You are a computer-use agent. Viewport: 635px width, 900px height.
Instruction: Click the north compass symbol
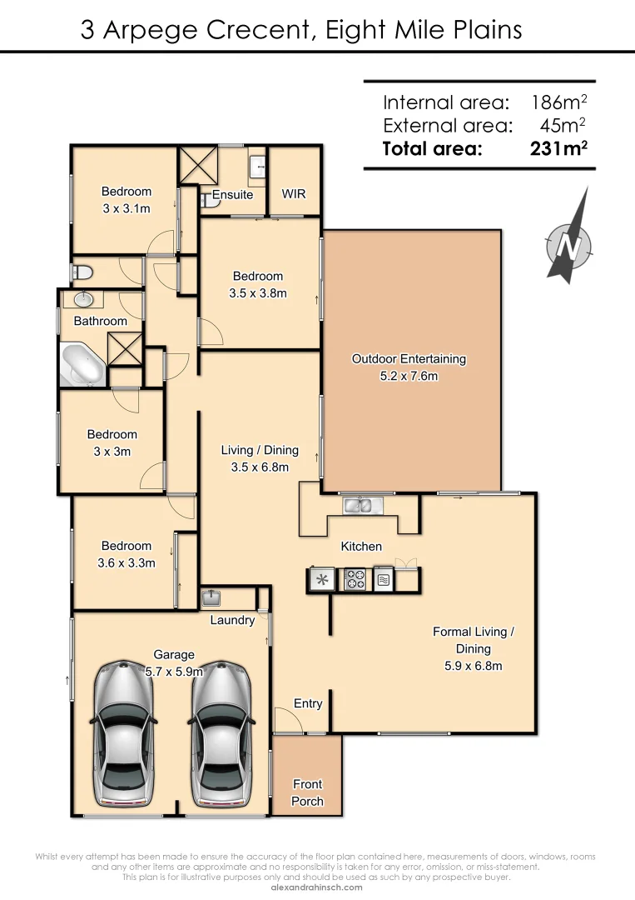(569, 242)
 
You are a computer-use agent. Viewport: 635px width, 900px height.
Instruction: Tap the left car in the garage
(122, 733)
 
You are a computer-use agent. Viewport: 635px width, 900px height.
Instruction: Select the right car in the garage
(221, 733)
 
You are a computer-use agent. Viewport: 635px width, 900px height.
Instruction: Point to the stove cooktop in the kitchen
(355, 579)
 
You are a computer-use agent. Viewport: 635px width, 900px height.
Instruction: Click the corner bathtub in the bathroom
(82, 365)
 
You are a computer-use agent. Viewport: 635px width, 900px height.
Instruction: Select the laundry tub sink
(211, 597)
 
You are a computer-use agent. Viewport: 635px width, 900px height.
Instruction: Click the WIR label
(294, 193)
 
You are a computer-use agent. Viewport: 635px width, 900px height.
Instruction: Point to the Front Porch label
(307, 792)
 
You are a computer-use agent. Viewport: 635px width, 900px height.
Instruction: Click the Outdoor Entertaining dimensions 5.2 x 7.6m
(409, 376)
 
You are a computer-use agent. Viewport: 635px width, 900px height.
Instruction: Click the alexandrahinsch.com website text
(317, 887)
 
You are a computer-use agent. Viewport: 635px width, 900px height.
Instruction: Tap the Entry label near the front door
(308, 703)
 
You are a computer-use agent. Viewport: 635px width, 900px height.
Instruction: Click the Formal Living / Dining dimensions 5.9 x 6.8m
(473, 665)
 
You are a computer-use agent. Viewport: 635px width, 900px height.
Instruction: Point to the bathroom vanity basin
(83, 299)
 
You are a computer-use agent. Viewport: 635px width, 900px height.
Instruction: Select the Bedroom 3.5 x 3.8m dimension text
(258, 292)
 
